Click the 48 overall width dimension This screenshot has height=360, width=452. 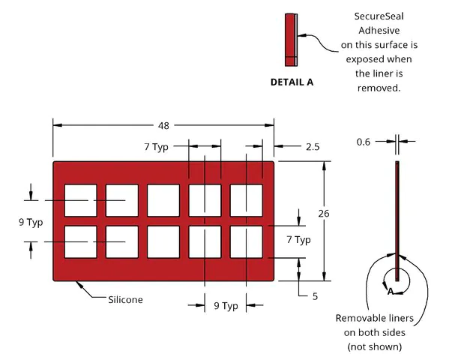point(163,126)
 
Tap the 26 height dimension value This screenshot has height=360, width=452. point(324,214)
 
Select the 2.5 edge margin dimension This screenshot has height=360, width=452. point(313,147)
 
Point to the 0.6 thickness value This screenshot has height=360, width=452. point(364,142)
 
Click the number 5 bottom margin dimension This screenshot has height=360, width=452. point(315,296)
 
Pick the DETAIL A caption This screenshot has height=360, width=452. point(292,82)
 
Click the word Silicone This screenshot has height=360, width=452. point(125,300)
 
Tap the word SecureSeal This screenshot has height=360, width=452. point(379,16)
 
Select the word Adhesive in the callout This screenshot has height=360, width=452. point(379,30)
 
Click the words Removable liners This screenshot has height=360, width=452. point(375,318)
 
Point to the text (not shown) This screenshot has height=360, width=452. point(375,346)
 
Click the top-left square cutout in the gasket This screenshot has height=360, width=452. point(81,200)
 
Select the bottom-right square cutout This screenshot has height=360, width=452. point(247,241)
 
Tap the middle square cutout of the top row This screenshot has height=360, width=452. point(163,200)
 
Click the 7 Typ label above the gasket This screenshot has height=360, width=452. point(156,147)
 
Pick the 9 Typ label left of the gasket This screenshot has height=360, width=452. point(31,223)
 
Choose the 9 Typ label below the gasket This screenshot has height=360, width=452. point(226,306)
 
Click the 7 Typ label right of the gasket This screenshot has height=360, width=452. point(298,240)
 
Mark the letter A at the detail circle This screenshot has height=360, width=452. point(391,292)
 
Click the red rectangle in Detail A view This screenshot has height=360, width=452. point(290,40)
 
